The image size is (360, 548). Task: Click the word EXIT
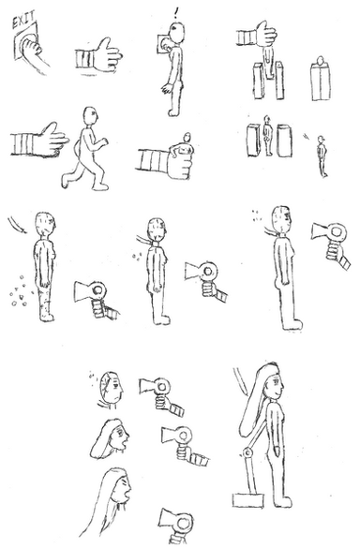[23, 21]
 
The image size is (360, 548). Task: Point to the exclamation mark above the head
[175, 13]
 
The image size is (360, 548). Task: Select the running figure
[85, 149]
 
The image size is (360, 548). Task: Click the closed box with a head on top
[320, 79]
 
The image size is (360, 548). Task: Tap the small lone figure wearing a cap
[322, 156]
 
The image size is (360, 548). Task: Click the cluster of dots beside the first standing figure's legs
[21, 292]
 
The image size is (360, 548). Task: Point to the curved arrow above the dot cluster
[17, 226]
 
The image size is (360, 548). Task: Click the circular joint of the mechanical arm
[247, 453]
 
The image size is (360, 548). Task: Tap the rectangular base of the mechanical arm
[248, 500]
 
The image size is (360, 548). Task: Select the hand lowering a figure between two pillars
[257, 36]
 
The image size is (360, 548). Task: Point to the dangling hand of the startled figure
[167, 88]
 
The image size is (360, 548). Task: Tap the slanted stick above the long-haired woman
[240, 381]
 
